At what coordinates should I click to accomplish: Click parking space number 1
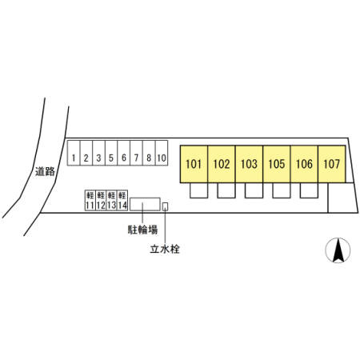pyautogui.click(x=74, y=153)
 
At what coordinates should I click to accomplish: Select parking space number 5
pyautogui.click(x=111, y=153)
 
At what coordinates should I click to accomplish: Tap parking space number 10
pyautogui.click(x=162, y=153)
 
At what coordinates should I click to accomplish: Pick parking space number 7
pyautogui.click(x=136, y=153)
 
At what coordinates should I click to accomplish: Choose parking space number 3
pyautogui.click(x=98, y=153)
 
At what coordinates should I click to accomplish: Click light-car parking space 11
pyautogui.click(x=90, y=200)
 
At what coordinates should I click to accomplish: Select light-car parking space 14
pyautogui.click(x=122, y=200)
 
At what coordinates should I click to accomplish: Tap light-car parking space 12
pyautogui.click(x=101, y=200)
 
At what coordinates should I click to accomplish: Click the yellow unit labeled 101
pyautogui.click(x=194, y=164)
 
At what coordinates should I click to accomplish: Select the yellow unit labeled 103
pyautogui.click(x=249, y=164)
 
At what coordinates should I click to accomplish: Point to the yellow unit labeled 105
pyautogui.click(x=277, y=164)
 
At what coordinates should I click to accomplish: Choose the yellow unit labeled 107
pyautogui.click(x=332, y=164)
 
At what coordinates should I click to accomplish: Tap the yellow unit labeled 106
pyautogui.click(x=304, y=164)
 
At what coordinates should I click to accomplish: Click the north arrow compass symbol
pyautogui.click(x=338, y=250)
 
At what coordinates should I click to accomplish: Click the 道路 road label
pyautogui.click(x=45, y=171)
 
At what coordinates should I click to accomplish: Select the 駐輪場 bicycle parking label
pyautogui.click(x=142, y=230)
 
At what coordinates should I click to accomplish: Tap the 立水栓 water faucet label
pyautogui.click(x=165, y=249)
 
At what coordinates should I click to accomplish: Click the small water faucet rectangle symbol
pyautogui.click(x=166, y=206)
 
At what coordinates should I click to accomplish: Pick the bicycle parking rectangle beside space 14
pyautogui.click(x=145, y=204)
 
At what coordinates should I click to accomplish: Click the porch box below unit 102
pyautogui.click(x=226, y=190)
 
